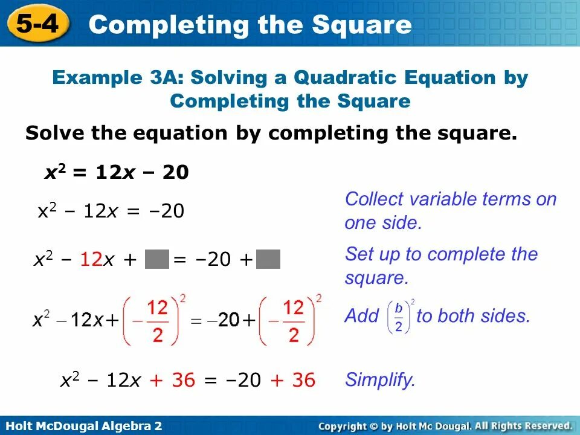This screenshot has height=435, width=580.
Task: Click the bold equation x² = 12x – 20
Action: click(117, 173)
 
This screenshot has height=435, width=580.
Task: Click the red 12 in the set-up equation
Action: click(91, 260)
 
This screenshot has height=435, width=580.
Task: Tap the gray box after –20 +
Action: click(268, 260)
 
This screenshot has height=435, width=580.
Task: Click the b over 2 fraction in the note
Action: click(399, 316)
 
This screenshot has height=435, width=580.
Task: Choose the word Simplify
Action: click(380, 380)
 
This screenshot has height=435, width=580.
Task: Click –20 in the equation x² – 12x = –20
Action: click(167, 211)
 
